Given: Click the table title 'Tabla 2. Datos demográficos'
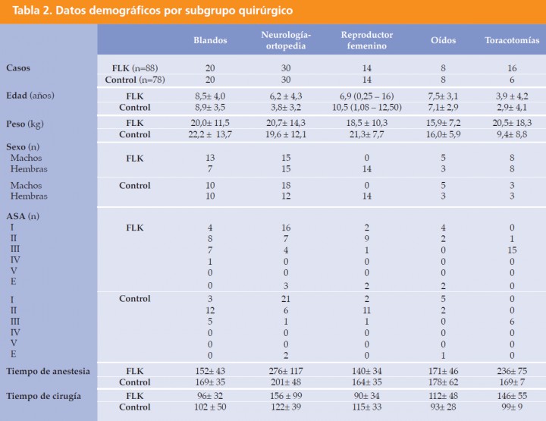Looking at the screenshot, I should pyautogui.click(x=152, y=11).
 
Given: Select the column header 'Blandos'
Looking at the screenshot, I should pyautogui.click(x=210, y=40).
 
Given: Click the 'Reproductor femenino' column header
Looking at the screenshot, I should pyautogui.click(x=367, y=40).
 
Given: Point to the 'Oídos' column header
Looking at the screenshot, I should pyautogui.click(x=443, y=40).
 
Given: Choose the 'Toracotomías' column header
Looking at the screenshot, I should pyautogui.click(x=512, y=40).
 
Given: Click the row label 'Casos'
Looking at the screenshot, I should pyautogui.click(x=19, y=68).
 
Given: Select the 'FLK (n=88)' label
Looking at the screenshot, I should pyautogui.click(x=135, y=68).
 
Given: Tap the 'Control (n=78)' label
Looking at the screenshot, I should pyautogui.click(x=135, y=79).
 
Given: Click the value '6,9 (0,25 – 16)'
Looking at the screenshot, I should pyautogui.click(x=367, y=96).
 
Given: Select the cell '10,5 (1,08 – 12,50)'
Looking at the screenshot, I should pyautogui.click(x=367, y=107).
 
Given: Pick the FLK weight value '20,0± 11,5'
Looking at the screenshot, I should pyautogui.click(x=210, y=123).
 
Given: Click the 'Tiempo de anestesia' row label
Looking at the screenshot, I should pyautogui.click(x=48, y=370).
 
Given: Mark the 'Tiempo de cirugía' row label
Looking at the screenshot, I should pyautogui.click(x=43, y=397).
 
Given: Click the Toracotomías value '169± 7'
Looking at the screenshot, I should pyautogui.click(x=512, y=381).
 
